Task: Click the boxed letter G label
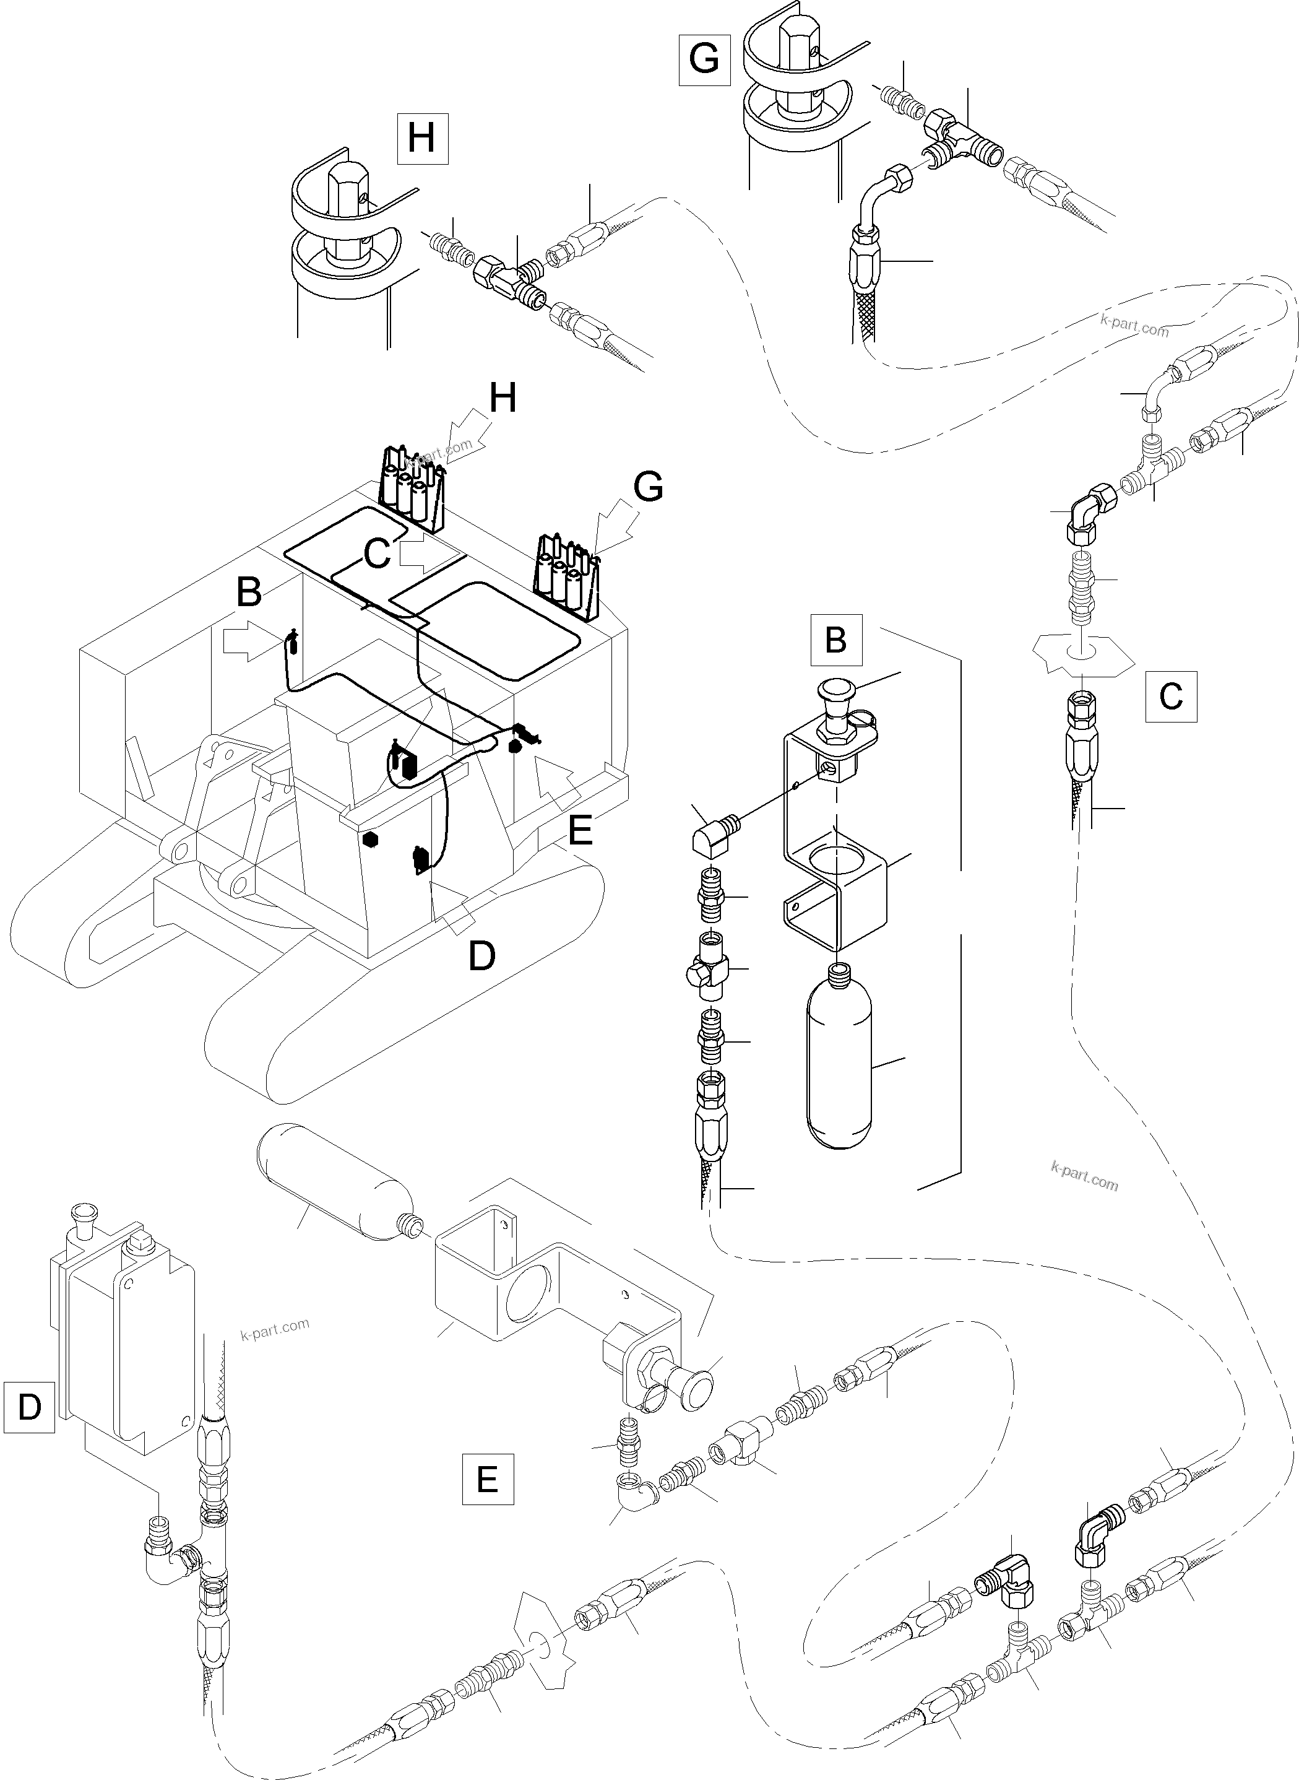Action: click(704, 59)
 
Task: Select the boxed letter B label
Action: click(836, 640)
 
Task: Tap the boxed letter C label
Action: click(1171, 696)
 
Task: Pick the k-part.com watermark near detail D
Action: click(275, 1329)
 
